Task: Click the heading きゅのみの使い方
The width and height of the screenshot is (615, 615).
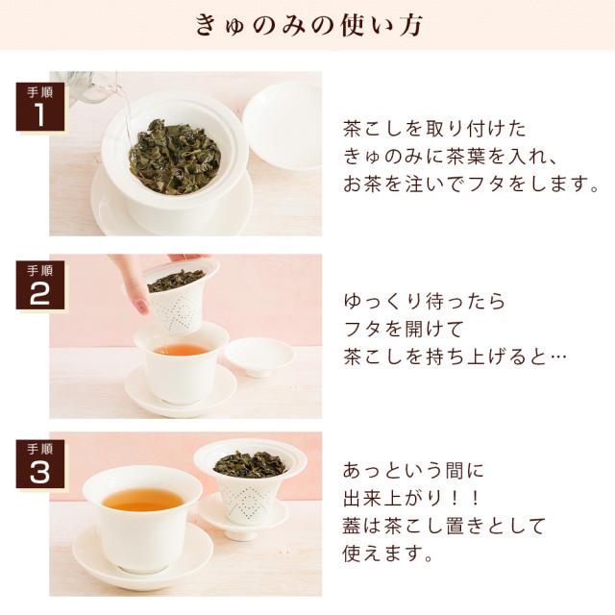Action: coord(308,25)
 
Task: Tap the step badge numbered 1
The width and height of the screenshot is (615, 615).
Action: coord(40,107)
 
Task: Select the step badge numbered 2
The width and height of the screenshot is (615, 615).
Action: coord(40,285)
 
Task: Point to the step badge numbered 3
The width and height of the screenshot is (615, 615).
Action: coord(40,463)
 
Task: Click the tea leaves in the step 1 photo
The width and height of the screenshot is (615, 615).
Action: coord(175,157)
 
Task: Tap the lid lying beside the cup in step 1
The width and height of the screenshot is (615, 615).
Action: coord(282,126)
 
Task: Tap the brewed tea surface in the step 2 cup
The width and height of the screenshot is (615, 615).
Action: coord(182,349)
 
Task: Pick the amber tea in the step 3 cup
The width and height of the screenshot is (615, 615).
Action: coord(143,500)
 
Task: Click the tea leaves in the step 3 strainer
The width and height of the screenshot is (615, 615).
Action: coord(250,464)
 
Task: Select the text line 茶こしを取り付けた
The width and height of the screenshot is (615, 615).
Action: coord(434,129)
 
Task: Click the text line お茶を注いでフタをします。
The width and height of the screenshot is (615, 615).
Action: coord(471,184)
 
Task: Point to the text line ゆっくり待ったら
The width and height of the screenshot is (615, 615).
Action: coord(425,301)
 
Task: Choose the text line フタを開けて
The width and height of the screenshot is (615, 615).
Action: coord(404,329)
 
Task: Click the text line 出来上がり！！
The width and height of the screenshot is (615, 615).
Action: coord(412,498)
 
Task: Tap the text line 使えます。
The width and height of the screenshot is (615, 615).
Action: coord(387,553)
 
